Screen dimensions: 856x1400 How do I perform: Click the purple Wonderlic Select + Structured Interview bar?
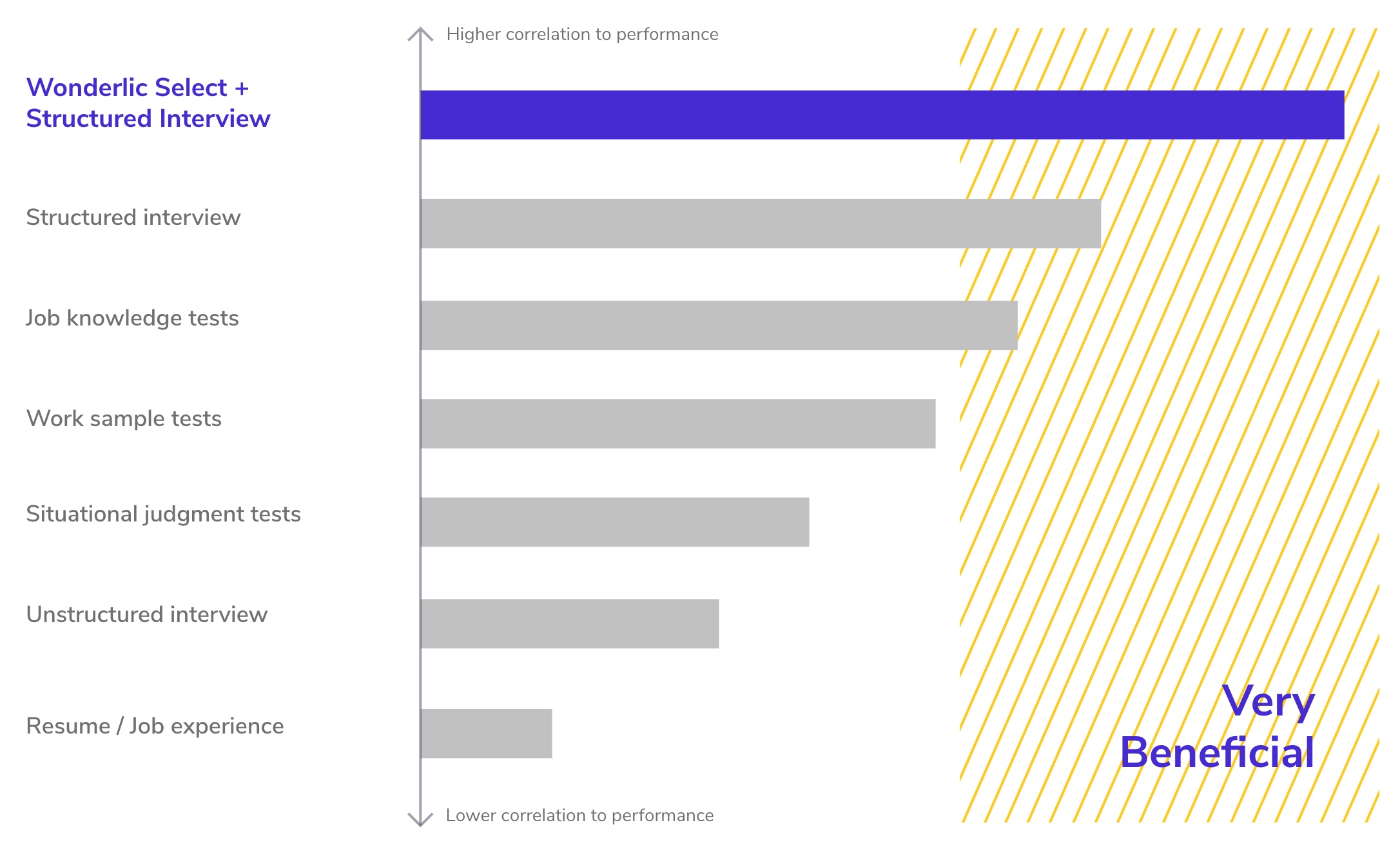[882, 115]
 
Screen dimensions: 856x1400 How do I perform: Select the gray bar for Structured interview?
[761, 224]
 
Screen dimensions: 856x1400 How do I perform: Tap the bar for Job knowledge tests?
[719, 326]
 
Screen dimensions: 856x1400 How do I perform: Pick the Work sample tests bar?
[677, 423]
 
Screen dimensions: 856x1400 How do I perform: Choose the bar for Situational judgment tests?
[614, 522]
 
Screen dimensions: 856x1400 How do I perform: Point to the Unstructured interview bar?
[569, 624]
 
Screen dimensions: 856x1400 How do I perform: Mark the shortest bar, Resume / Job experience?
[486, 734]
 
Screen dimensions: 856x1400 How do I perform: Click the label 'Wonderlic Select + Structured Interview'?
[148, 103]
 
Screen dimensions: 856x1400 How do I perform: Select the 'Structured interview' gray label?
[133, 218]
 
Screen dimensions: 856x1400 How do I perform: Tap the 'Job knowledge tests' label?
[132, 318]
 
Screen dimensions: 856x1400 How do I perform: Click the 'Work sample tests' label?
[124, 419]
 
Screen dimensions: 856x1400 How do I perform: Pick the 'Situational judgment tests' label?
[163, 514]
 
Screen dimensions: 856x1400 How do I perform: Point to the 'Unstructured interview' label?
[146, 615]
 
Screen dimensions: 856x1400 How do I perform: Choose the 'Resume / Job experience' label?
[155, 726]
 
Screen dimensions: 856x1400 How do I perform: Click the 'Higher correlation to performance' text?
[582, 34]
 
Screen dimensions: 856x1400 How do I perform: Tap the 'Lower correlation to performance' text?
[579, 815]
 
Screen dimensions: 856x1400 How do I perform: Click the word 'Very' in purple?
[1267, 701]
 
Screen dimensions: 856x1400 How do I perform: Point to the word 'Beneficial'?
[1217, 753]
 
